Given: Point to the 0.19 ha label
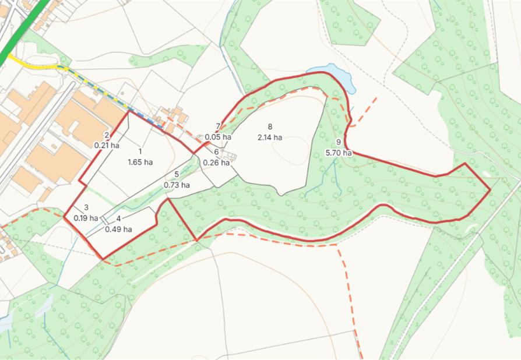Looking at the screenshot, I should click(x=86, y=218).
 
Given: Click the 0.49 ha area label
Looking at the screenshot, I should click(x=118, y=229).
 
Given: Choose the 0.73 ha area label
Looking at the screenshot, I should click(x=177, y=185).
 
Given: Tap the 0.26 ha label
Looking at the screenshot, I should click(x=216, y=163).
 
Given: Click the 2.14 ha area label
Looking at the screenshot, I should click(x=270, y=137).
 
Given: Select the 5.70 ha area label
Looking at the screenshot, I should click(x=339, y=153).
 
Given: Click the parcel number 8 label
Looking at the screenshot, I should click(x=270, y=127).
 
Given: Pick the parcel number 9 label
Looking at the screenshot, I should click(x=339, y=143).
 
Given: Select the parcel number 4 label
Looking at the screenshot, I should click(x=118, y=218).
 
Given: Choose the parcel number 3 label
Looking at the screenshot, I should click(x=86, y=207).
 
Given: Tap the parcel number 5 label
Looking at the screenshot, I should click(x=177, y=175).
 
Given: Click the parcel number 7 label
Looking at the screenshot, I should click(x=218, y=127).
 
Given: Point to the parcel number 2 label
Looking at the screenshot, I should click(x=107, y=135).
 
